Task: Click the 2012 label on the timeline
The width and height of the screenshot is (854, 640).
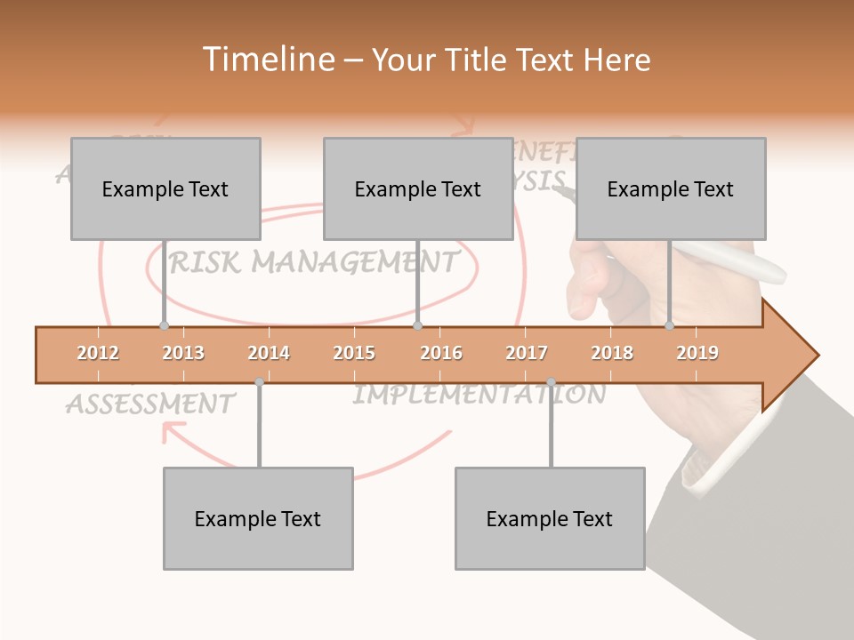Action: (98, 353)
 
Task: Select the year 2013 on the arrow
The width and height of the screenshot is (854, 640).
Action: (183, 353)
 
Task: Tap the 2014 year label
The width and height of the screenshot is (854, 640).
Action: (269, 353)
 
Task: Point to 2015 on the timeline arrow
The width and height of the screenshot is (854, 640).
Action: (354, 353)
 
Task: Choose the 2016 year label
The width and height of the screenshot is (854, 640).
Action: (441, 353)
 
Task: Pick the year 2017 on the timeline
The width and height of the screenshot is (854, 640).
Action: (527, 353)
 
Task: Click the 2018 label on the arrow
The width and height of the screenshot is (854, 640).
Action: (612, 353)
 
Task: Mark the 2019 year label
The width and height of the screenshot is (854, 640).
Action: (697, 353)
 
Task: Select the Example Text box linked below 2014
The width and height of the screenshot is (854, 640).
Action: (258, 518)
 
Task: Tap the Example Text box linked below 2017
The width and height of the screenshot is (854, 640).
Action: (550, 518)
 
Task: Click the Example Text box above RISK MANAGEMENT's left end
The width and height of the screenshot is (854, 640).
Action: (165, 188)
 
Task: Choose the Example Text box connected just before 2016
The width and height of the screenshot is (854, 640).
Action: (418, 188)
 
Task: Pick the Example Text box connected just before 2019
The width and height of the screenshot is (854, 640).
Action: (671, 188)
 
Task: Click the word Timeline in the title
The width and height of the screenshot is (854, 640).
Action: (267, 60)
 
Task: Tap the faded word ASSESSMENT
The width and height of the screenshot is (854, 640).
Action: (149, 404)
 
